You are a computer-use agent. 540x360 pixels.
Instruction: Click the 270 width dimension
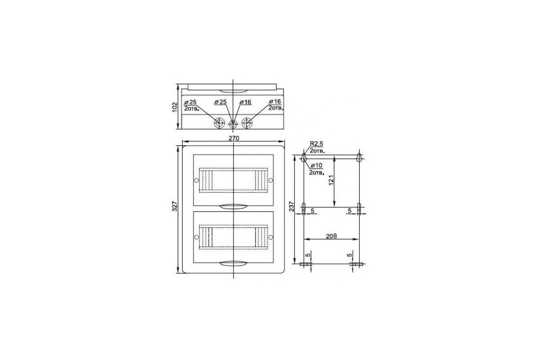pos(234,138)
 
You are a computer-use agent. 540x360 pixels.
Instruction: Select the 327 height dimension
pos(175,207)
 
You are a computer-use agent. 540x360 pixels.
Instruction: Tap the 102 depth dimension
pos(175,107)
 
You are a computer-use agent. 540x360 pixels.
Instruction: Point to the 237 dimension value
pos(292,207)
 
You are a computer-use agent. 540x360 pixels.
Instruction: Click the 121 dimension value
pos(331,180)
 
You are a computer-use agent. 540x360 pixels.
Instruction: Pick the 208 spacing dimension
pos(331,236)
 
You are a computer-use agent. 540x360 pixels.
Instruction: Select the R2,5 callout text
pos(316,144)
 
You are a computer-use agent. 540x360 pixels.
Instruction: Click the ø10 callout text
pos(316,166)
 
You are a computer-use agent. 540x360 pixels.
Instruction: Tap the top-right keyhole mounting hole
pos(359,157)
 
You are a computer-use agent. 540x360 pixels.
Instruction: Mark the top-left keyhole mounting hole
pos(304,157)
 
